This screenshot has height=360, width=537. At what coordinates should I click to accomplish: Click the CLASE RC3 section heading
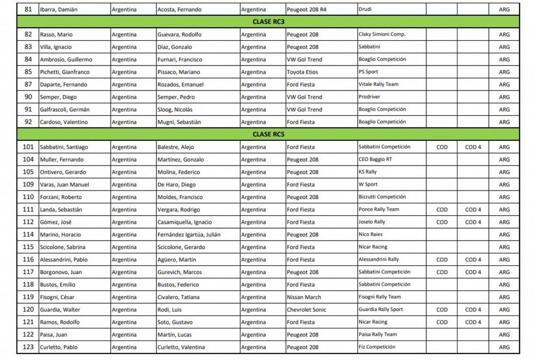268,21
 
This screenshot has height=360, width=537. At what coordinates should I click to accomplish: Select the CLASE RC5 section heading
268,134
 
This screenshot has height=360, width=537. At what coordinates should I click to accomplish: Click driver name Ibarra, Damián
59,9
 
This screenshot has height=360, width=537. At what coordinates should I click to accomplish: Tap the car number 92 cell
28,122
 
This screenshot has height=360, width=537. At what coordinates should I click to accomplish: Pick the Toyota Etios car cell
303,72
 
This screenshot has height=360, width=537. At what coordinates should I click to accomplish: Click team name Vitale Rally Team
378,85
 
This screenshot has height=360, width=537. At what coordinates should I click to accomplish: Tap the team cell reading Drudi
366,9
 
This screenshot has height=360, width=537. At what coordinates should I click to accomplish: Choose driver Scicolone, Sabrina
63,247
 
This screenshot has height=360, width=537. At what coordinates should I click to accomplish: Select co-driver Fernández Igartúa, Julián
189,234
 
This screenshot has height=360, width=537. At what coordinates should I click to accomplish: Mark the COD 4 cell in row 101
473,147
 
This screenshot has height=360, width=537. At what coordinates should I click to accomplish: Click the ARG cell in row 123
504,347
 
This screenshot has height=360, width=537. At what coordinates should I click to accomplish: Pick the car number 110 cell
28,197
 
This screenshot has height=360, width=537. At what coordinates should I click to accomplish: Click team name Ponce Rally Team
379,209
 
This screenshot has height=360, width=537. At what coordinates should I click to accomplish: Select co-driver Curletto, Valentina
181,347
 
